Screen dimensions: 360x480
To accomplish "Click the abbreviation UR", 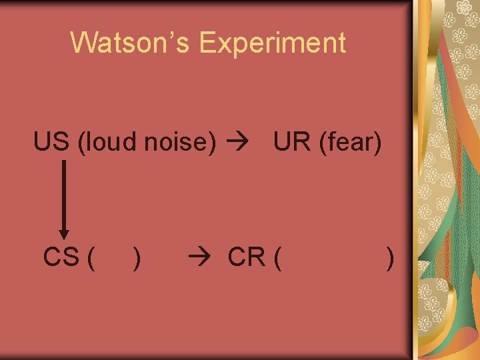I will tap(291, 142).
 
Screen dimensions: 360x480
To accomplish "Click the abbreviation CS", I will tap(61, 257).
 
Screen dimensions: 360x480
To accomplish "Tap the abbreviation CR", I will tap(247, 257).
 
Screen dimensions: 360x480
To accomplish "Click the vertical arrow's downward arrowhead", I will tap(63, 233).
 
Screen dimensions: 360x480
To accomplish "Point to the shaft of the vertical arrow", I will tap(63, 193).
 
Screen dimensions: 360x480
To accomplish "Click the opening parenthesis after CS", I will tap(90, 257).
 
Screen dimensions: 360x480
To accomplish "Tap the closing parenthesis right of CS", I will tap(137, 257).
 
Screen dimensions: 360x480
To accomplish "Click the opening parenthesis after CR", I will tap(276, 257).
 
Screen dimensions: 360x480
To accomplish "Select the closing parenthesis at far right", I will tap(390, 257).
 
